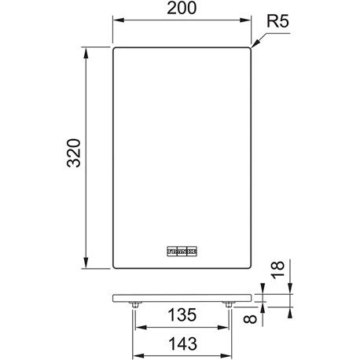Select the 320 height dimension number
pos(71,158)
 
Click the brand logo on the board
pos(181,251)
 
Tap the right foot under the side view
pos(228,305)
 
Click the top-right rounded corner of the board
pos(249,49)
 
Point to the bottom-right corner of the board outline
pos(249,268)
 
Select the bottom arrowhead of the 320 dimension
pos(85,266)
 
